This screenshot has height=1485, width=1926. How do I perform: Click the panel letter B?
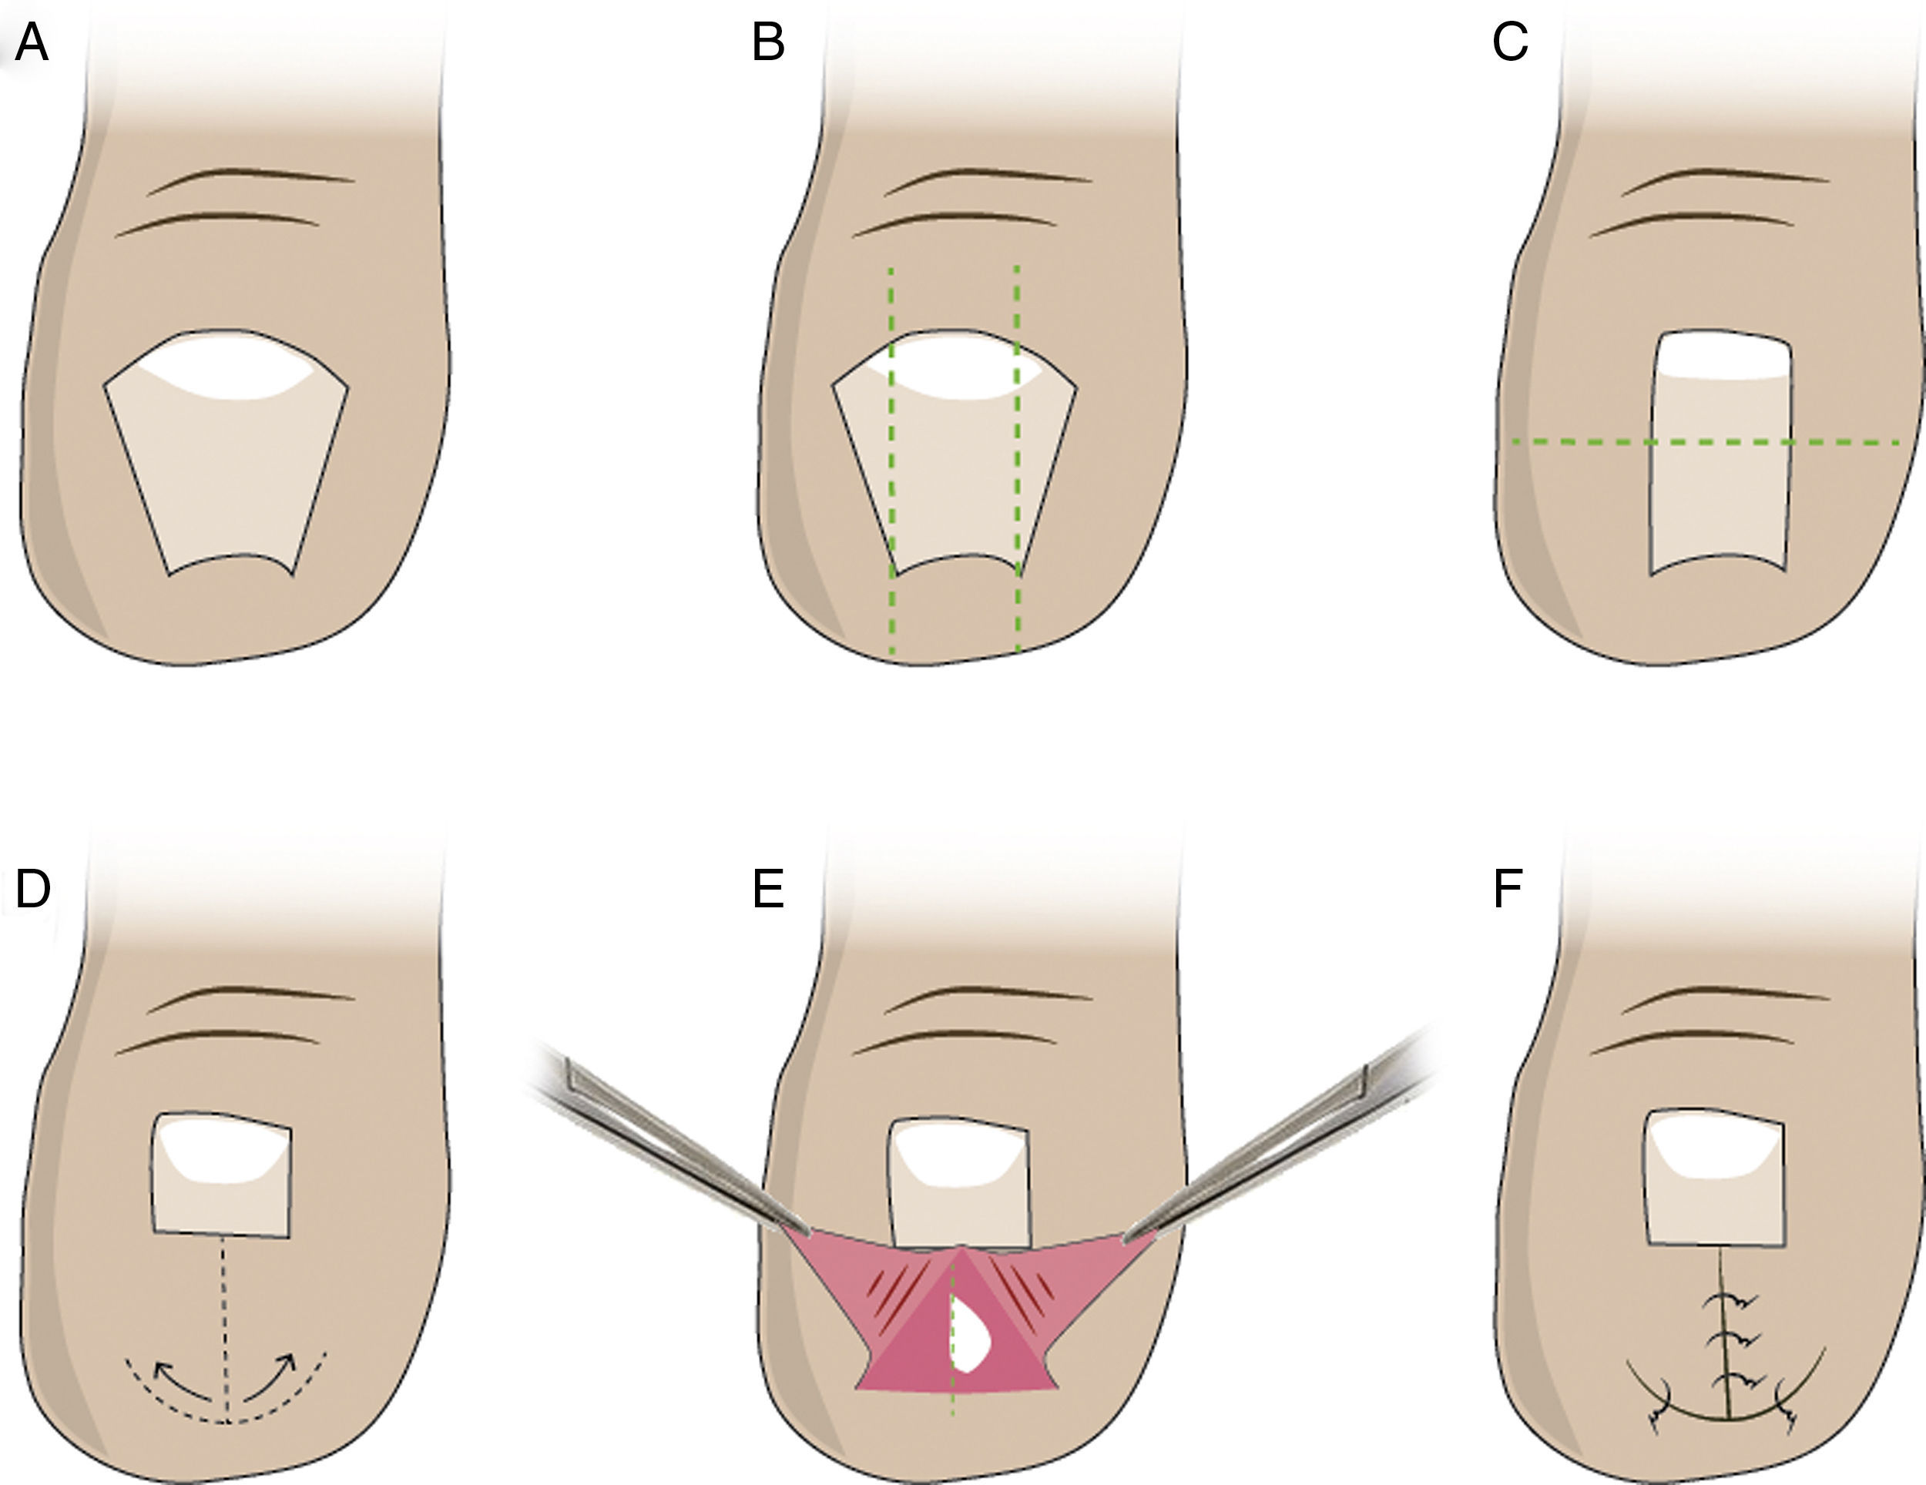coord(767,44)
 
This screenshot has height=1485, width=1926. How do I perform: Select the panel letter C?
coord(1510,44)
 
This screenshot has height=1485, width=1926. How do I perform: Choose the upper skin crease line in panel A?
coord(251,177)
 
